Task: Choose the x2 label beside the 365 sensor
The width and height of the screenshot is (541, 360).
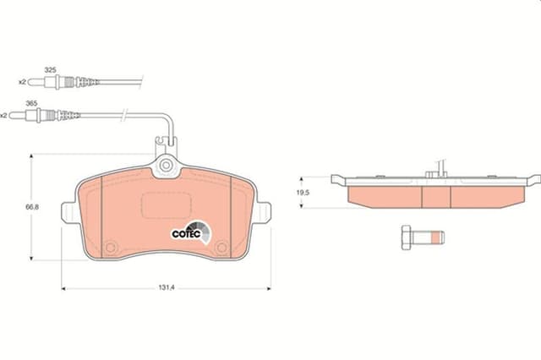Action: [x=5, y=115]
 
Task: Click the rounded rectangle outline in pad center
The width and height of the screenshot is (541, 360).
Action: [x=166, y=205]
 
